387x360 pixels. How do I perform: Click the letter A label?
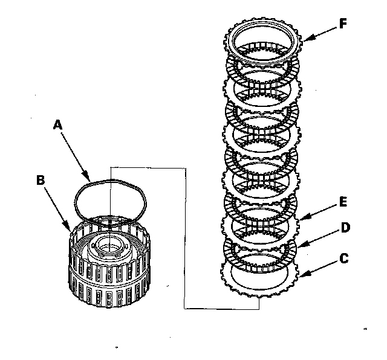coord(58,124)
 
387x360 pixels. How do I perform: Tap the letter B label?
coord(41,179)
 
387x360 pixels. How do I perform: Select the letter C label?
coord(343,259)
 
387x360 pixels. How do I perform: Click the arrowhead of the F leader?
coord(303,40)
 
